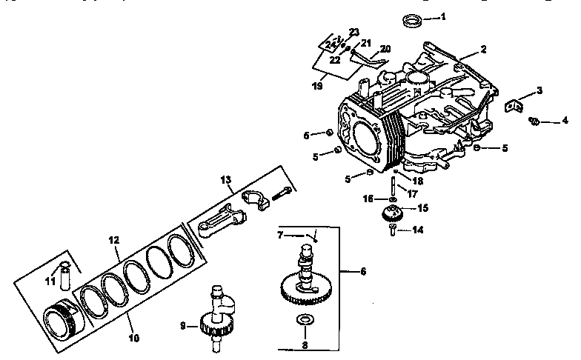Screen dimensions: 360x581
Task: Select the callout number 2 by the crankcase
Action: coord(482,50)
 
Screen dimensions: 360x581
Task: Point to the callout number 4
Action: coord(565,120)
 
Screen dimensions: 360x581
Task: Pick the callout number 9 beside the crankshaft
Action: coord(182,324)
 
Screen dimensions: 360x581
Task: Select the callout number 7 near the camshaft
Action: coord(281,235)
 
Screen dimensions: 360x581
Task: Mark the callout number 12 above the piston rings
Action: coord(113,241)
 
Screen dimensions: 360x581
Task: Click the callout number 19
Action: coord(318,86)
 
